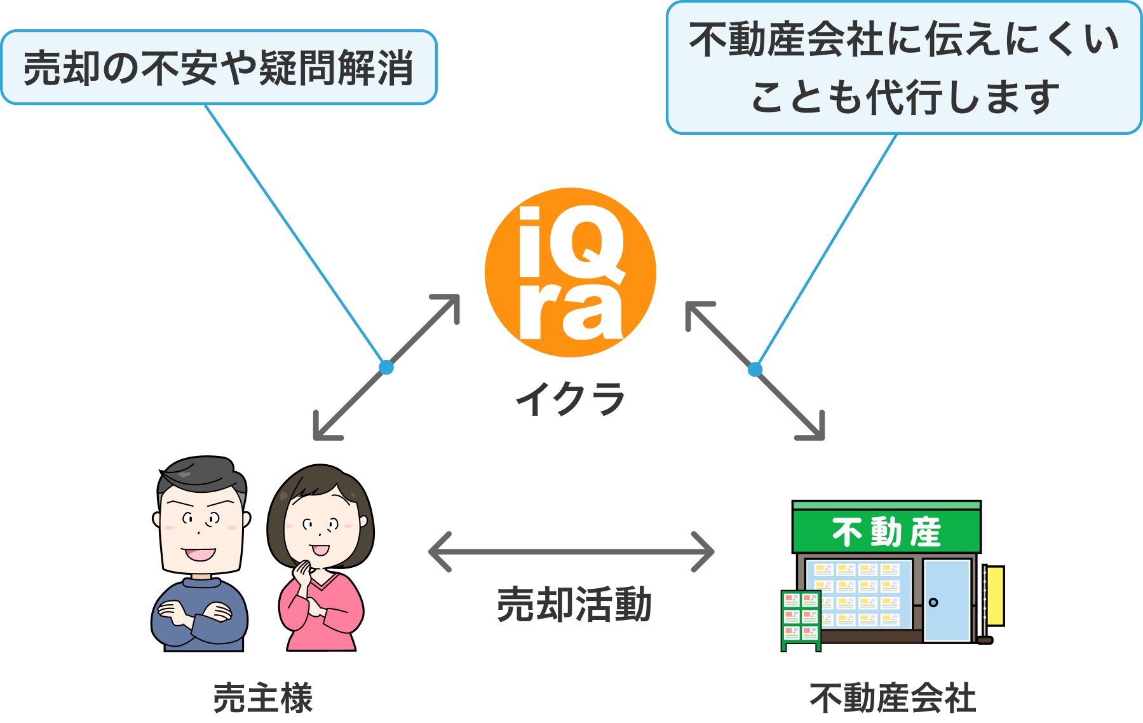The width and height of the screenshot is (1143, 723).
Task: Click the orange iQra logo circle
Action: [x=570, y=272]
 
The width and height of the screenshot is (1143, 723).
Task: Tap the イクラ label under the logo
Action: [x=570, y=399]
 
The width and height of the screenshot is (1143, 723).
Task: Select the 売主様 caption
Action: [x=263, y=698]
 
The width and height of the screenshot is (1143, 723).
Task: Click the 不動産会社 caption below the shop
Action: [x=892, y=698]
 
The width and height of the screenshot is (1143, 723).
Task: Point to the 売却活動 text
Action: [x=574, y=604]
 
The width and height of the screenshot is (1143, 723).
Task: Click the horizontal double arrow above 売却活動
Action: [x=571, y=552]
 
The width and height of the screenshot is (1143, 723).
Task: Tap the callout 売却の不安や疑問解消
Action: [x=219, y=67]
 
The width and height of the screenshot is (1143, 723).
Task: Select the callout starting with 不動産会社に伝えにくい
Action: [x=903, y=67]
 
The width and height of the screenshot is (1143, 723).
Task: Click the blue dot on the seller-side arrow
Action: [x=386, y=367]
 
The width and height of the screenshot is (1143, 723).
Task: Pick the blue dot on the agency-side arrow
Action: [x=755, y=369]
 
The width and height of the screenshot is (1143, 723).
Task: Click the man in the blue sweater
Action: [x=200, y=553]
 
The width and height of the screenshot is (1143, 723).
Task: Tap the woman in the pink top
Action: [x=321, y=560]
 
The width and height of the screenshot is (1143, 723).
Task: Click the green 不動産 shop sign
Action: [x=886, y=532]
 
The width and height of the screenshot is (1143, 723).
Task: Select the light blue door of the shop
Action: [x=947, y=600]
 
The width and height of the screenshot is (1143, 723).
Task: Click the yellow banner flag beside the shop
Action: [x=995, y=596]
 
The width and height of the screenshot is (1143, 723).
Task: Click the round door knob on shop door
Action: [x=933, y=602]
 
